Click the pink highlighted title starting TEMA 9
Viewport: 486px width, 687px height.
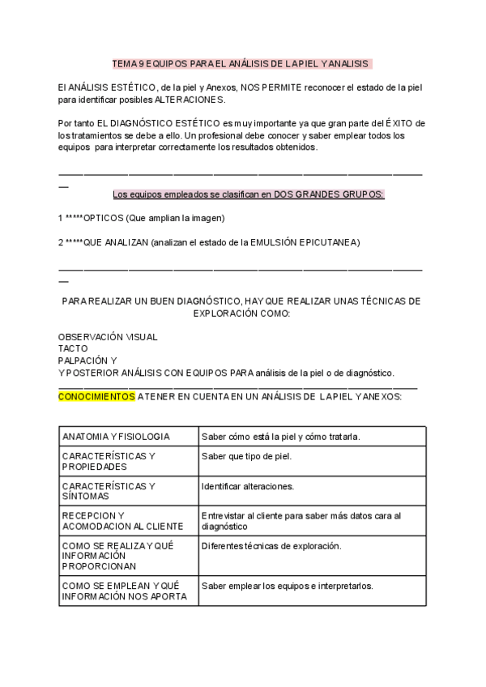click(x=241, y=62)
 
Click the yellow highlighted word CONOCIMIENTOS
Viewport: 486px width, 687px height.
click(x=96, y=397)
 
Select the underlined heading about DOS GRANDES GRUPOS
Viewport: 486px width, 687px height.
click(x=248, y=194)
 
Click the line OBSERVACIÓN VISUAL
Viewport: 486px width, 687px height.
click(x=108, y=336)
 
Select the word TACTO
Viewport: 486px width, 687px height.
click(x=73, y=348)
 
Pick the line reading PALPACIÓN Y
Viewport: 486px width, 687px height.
click(x=87, y=361)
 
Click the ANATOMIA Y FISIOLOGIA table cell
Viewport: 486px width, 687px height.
click(x=116, y=437)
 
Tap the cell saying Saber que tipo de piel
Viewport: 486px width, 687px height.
click(x=246, y=456)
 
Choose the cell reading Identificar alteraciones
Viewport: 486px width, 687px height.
click(x=248, y=486)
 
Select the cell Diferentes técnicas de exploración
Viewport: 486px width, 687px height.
click(x=271, y=546)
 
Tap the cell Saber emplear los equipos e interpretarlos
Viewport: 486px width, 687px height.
click(x=288, y=586)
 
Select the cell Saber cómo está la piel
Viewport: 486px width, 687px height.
click(x=281, y=437)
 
